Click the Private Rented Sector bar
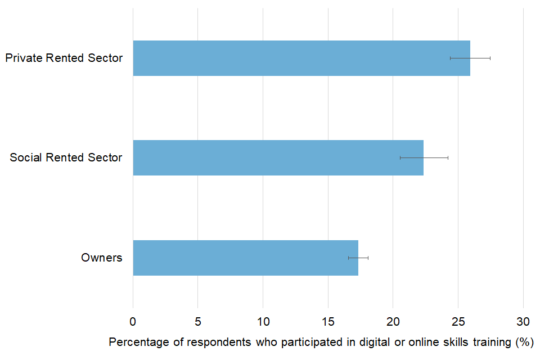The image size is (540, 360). [x=301, y=58]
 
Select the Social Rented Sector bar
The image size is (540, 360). [x=278, y=157]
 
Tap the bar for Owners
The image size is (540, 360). [x=245, y=258]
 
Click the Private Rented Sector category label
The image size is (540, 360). [x=64, y=58]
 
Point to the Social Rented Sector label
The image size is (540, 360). [x=66, y=157]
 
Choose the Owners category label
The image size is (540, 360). [x=102, y=258]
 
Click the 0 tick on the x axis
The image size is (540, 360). [x=133, y=322]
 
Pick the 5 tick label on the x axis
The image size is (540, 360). [x=198, y=322]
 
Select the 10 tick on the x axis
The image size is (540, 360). [x=263, y=322]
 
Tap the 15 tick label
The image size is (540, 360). [x=328, y=322]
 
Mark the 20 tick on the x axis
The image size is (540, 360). [x=393, y=322]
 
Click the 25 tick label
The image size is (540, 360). [x=458, y=322]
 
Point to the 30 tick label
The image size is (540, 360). [x=523, y=322]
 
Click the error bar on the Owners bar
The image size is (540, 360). [x=358, y=258]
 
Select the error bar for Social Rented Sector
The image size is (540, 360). [x=424, y=157]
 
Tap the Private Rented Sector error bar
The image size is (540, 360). [x=470, y=58]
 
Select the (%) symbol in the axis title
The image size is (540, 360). [x=524, y=342]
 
